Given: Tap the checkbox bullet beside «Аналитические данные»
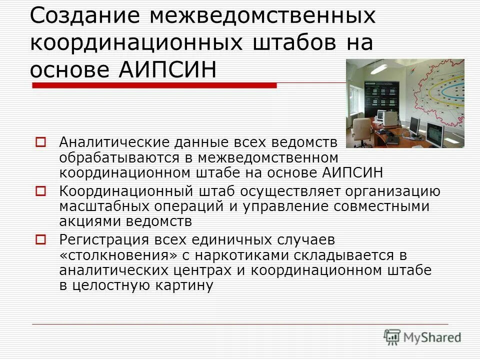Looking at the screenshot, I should click(x=41, y=142).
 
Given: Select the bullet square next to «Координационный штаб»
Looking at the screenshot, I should click(x=41, y=190).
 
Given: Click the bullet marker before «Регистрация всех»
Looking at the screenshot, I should click(x=41, y=239).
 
